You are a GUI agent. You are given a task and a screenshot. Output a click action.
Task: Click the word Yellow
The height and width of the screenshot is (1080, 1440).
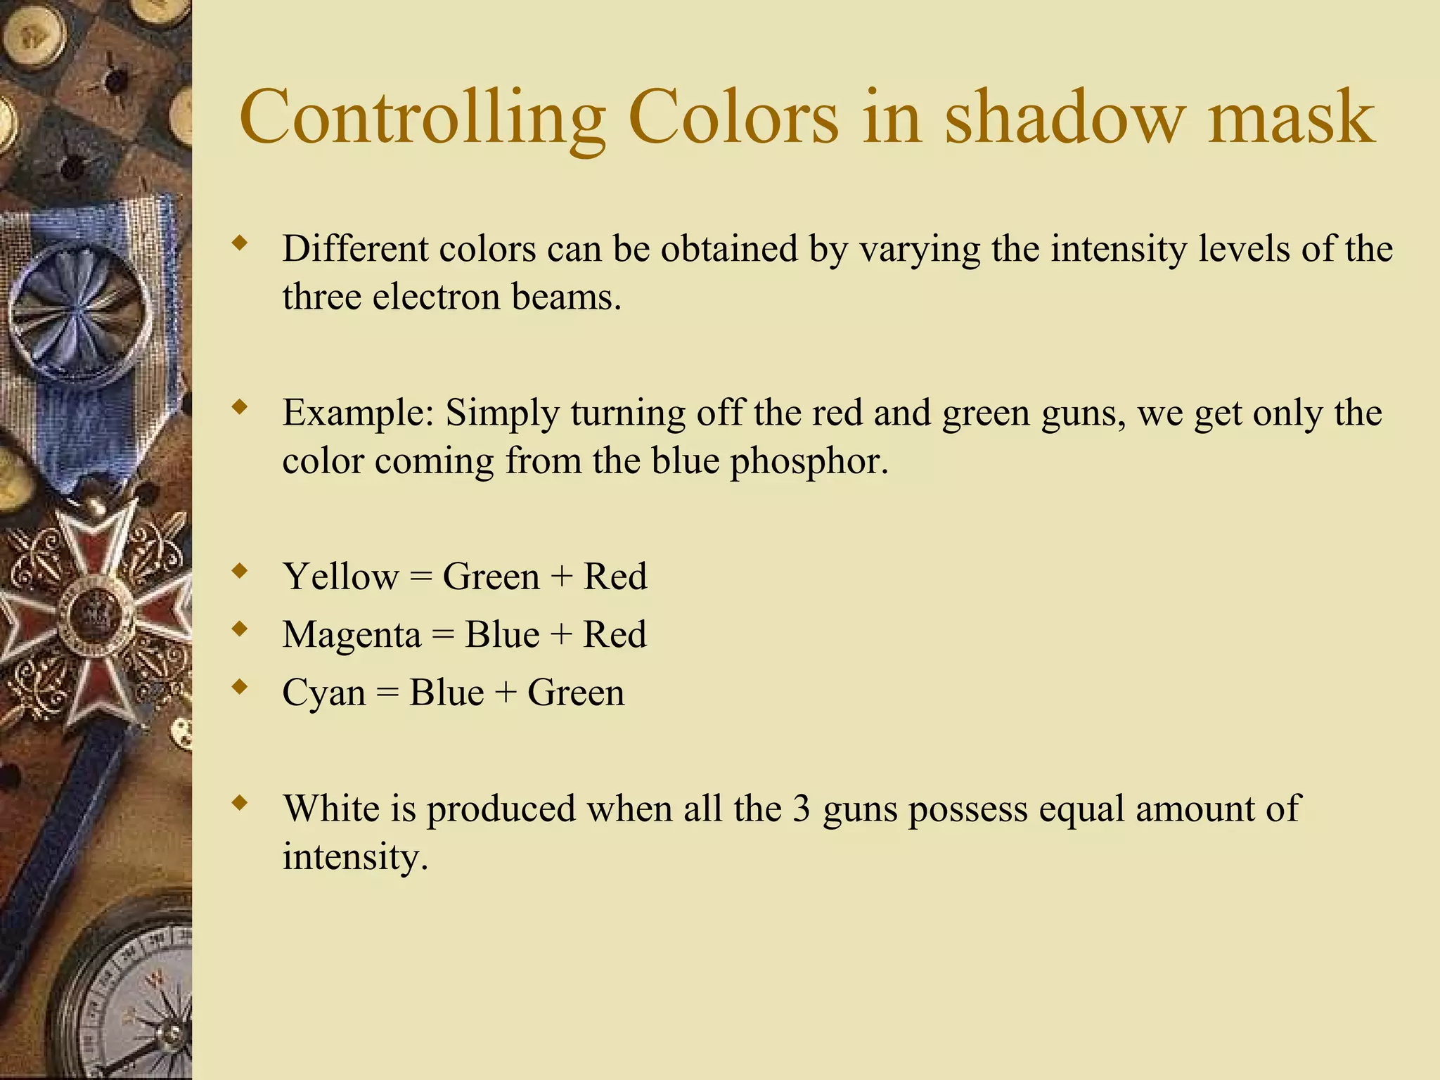[x=340, y=577]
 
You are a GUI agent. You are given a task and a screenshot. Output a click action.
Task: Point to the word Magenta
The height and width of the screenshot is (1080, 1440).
[x=352, y=635]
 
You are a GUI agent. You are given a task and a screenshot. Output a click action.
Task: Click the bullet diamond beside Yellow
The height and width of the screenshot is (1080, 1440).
[x=240, y=571]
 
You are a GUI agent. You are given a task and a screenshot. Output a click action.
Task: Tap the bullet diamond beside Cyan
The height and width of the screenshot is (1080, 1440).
[x=240, y=687]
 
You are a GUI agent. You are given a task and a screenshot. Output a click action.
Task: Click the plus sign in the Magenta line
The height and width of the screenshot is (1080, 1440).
[x=561, y=635]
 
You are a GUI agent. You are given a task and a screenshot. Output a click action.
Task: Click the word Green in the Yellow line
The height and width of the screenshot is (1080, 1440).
[x=491, y=577]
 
